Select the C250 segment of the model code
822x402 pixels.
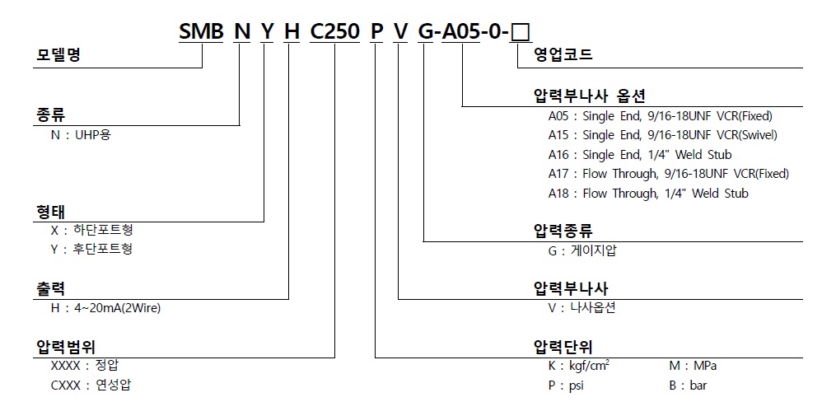point(334,32)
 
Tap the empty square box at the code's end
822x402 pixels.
point(521,33)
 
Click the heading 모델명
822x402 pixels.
point(63,56)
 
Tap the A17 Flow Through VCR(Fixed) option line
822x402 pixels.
point(668,174)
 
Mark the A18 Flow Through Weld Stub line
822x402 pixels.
point(648,194)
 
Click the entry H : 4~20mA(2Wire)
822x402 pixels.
point(105,308)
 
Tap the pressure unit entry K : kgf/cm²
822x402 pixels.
point(579,366)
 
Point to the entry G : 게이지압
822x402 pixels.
point(581,250)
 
